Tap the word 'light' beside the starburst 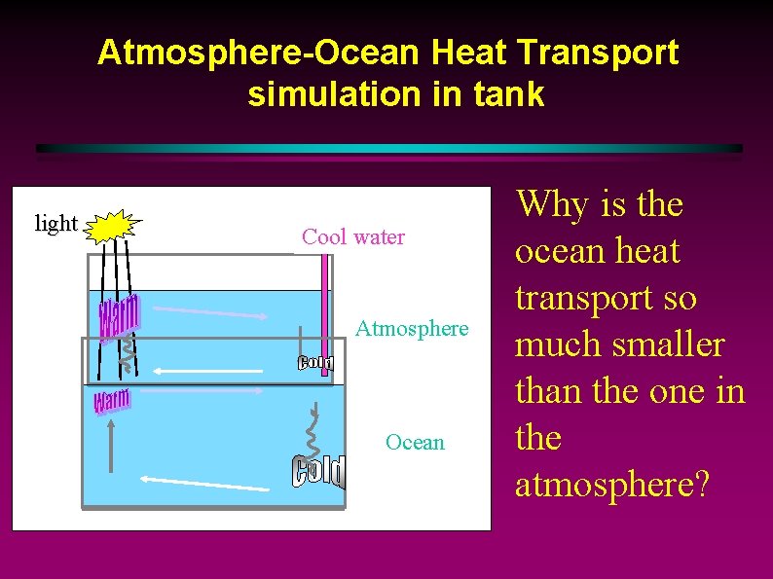(55, 223)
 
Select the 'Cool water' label (352, 236)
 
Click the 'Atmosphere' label (411, 328)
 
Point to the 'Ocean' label (415, 442)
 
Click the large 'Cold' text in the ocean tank (319, 472)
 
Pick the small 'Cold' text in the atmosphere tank (315, 363)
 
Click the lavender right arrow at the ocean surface (199, 391)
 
